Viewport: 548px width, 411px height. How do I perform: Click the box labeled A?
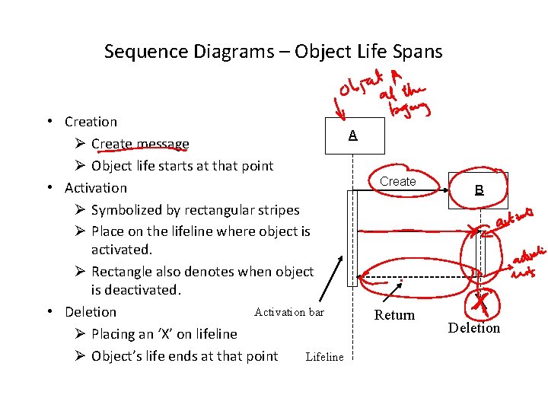[x=352, y=135]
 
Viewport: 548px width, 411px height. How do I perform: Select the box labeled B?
[x=479, y=190]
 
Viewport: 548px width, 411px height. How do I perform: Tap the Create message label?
[x=398, y=182]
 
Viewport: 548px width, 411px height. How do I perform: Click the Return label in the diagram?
[x=395, y=315]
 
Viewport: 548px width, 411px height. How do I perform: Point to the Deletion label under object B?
[x=474, y=328]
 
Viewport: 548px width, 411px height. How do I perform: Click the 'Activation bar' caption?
[x=289, y=312]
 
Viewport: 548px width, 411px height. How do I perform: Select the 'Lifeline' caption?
[x=324, y=357]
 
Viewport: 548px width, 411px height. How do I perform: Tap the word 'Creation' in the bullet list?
[x=91, y=122]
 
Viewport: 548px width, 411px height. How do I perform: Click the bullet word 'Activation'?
[x=96, y=188]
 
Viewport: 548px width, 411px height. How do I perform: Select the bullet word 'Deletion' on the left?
[x=91, y=312]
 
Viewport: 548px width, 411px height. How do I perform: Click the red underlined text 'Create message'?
[x=140, y=144]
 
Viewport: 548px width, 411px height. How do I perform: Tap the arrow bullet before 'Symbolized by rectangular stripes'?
[x=80, y=210]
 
